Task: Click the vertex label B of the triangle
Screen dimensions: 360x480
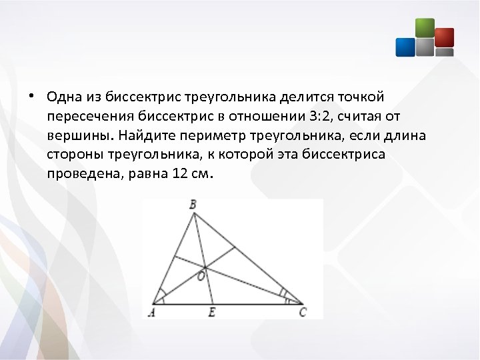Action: (x=193, y=205)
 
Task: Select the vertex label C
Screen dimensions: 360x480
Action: (x=303, y=311)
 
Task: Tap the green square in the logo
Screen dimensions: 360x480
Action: (x=425, y=28)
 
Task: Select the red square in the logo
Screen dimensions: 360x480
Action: (x=444, y=37)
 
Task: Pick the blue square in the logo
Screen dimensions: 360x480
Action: (x=405, y=47)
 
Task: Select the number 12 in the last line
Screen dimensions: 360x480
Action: (x=179, y=175)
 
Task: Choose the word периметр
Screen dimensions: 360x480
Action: (x=215, y=136)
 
